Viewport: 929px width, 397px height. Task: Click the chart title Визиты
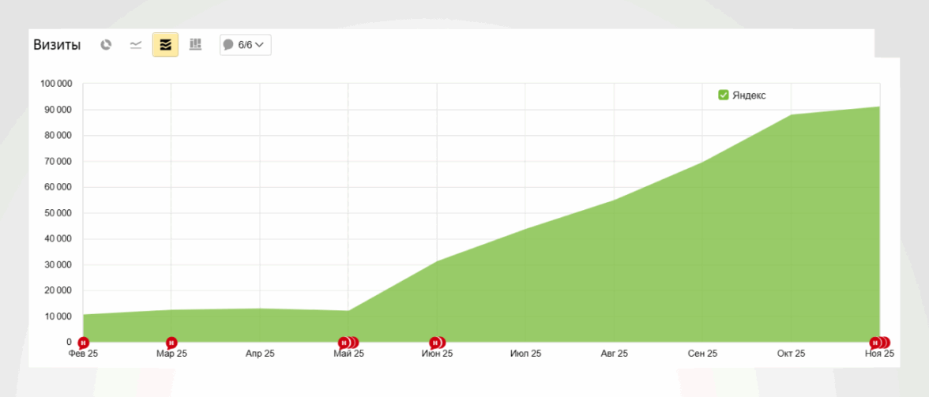pyautogui.click(x=57, y=45)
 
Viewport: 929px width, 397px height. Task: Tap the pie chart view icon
pyautogui.click(x=106, y=45)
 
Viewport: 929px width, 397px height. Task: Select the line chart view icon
pyautogui.click(x=136, y=45)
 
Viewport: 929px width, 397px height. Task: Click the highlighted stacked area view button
pyautogui.click(x=166, y=45)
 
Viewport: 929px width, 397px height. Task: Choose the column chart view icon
pyautogui.click(x=196, y=45)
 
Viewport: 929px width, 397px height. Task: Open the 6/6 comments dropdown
pyautogui.click(x=245, y=45)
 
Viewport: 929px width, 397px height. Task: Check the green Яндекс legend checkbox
pyautogui.click(x=724, y=96)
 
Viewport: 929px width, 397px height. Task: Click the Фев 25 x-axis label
pyautogui.click(x=83, y=354)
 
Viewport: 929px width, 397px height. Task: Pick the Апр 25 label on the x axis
pyautogui.click(x=260, y=354)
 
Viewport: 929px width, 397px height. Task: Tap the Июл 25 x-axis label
pyautogui.click(x=525, y=354)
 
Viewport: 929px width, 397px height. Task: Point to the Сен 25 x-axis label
pyautogui.click(x=702, y=354)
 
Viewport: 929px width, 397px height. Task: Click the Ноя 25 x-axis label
pyautogui.click(x=878, y=354)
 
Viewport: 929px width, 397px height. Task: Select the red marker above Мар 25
pyautogui.click(x=171, y=343)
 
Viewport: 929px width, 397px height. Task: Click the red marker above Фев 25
pyautogui.click(x=83, y=343)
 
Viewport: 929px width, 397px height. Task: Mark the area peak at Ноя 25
pyautogui.click(x=879, y=107)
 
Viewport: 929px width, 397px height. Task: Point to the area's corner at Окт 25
pyautogui.click(x=791, y=115)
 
